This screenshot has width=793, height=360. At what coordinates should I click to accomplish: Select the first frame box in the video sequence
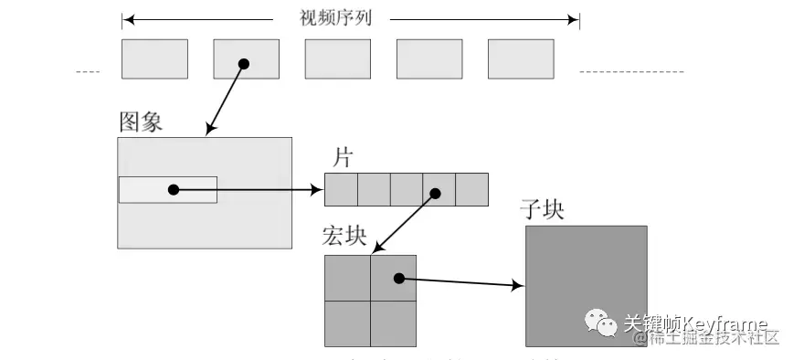click(x=154, y=58)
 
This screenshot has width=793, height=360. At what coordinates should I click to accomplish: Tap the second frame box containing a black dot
click(x=246, y=58)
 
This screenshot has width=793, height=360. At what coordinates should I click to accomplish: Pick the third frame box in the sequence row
click(x=337, y=58)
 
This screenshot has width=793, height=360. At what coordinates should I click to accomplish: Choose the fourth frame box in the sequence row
click(x=428, y=58)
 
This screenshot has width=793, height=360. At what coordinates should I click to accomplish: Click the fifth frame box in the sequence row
click(x=520, y=58)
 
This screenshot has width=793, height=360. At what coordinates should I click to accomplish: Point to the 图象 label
click(x=141, y=122)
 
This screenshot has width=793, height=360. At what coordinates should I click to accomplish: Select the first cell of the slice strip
click(x=341, y=190)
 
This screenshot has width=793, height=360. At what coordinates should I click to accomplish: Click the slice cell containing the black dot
click(x=439, y=190)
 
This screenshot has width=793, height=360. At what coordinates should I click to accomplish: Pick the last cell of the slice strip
click(x=471, y=190)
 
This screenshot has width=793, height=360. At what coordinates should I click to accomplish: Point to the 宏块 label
click(x=344, y=237)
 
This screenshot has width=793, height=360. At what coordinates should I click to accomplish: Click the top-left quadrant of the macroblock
click(x=347, y=278)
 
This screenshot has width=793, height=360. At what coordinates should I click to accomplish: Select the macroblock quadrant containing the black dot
click(x=394, y=278)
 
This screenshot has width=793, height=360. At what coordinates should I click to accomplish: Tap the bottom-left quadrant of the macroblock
click(x=347, y=323)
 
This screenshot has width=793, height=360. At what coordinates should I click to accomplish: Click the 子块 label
click(x=542, y=209)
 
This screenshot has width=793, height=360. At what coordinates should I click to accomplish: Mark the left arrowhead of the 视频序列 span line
click(x=127, y=18)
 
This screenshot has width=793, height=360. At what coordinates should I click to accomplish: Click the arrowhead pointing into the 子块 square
click(x=519, y=286)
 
